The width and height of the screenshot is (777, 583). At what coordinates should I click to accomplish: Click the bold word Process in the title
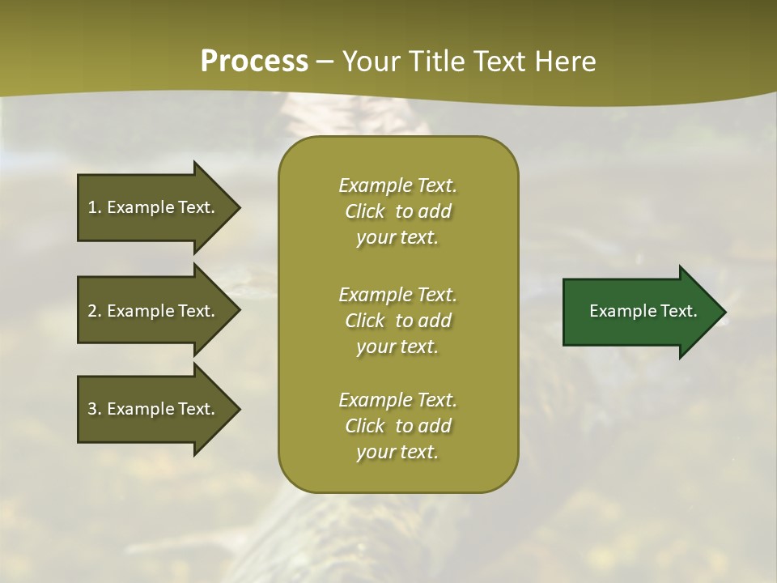coord(254,61)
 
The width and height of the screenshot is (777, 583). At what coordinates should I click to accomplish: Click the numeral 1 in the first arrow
coord(92,207)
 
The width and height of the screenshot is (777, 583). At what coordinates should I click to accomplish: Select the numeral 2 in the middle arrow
coord(92,311)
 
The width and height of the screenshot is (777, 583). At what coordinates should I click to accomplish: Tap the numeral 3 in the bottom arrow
coord(92,409)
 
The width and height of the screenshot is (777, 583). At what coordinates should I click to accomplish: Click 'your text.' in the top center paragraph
coord(397,238)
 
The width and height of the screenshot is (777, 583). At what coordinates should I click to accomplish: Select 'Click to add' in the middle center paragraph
coord(397,321)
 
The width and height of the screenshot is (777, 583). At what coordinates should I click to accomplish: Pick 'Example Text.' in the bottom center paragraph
coord(397,400)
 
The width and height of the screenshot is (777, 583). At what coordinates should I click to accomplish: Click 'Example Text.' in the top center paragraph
coord(397,185)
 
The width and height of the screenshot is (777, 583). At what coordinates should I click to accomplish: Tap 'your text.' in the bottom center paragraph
coord(397,453)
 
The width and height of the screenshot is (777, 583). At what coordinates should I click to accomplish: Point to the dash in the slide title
coord(325,62)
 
